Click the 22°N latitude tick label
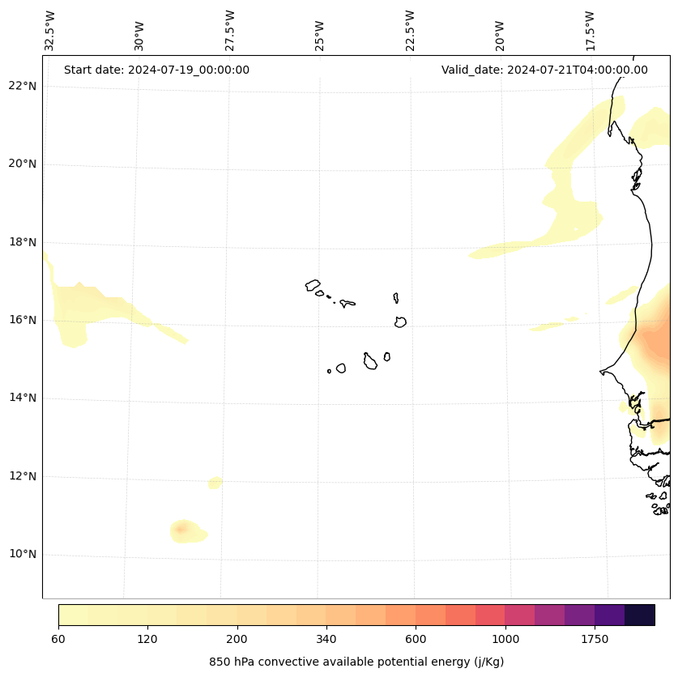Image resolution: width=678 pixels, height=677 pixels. [x=22, y=86]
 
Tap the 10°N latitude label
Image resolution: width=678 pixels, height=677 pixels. [x=22, y=555]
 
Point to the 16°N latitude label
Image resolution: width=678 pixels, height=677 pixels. [x=22, y=320]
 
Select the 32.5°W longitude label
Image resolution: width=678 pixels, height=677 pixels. [x=50, y=31]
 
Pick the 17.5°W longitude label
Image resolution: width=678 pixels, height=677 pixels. [x=591, y=31]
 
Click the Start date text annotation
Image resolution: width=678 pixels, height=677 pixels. [x=156, y=70]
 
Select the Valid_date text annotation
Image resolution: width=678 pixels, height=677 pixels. [x=544, y=70]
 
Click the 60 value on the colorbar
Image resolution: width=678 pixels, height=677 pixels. [x=58, y=640]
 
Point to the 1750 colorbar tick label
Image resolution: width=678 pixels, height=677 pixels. [x=595, y=640]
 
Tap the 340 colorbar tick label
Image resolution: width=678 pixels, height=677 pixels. [x=326, y=640]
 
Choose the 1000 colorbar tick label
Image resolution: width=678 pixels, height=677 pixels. [x=505, y=640]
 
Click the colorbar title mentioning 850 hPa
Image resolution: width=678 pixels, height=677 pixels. [x=356, y=662]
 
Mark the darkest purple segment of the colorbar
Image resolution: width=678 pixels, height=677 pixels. [x=640, y=615]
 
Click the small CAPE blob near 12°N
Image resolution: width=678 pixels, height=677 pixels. [x=215, y=483]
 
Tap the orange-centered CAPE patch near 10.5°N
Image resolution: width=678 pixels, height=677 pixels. [x=181, y=530]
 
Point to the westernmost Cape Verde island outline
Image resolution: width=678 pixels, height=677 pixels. [x=313, y=285]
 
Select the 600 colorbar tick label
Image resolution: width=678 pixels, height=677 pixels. [x=416, y=640]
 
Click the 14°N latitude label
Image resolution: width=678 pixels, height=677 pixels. [x=22, y=398]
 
